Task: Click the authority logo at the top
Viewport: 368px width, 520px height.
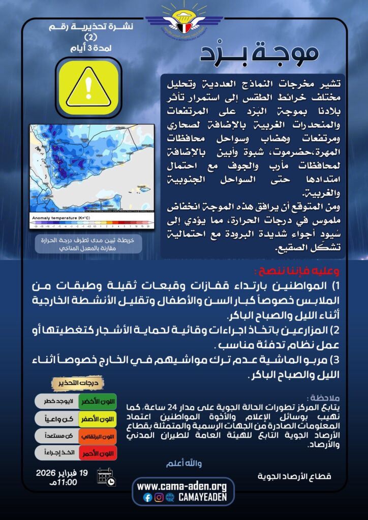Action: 183,20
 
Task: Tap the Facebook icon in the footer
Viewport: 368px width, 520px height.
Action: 148,498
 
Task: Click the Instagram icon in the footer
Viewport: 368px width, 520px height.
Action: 159,498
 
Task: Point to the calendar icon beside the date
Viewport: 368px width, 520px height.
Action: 106,477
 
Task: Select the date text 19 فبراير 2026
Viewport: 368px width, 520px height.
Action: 63,473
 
